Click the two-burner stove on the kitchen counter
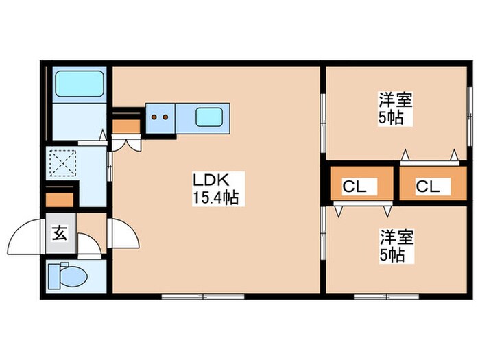pyautogui.click(x=160, y=117)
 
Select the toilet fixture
pyautogui.click(x=71, y=278)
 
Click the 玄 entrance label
pyautogui.click(x=60, y=233)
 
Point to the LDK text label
pyautogui.click(x=208, y=181)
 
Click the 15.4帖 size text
pyautogui.click(x=215, y=199)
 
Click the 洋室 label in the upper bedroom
pyautogui.click(x=396, y=99)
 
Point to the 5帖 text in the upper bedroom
pyautogui.click(x=390, y=117)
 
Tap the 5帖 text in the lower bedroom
pyautogui.click(x=392, y=256)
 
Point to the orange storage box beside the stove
pyautogui.click(x=125, y=125)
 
